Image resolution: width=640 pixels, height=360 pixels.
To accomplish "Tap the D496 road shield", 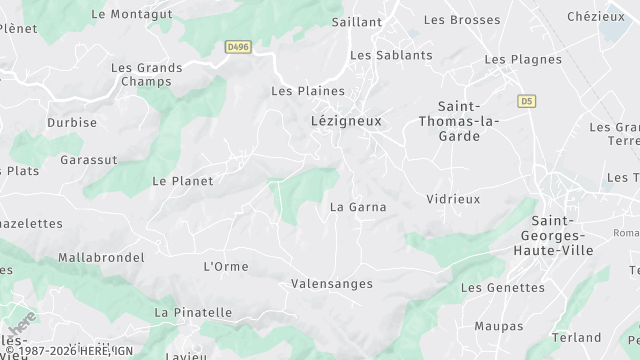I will (x=237, y=46).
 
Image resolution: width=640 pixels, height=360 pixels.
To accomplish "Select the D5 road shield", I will (x=526, y=101).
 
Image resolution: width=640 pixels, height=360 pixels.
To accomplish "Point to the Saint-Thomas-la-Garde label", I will (x=468, y=121).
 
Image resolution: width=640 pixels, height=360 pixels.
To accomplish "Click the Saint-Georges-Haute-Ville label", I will (x=562, y=235).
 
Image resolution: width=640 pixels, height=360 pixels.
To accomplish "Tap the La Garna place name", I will (x=358, y=208).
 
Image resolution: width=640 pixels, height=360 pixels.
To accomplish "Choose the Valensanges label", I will (x=331, y=284).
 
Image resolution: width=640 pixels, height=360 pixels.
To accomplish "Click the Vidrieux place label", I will (x=453, y=199).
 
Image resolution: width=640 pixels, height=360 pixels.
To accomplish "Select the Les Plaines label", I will (x=301, y=91).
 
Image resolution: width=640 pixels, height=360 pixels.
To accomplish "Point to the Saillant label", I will (x=357, y=21).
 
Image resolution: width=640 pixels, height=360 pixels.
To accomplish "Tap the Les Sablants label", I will (x=391, y=55).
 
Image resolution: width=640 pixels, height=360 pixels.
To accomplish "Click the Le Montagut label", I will (x=132, y=14).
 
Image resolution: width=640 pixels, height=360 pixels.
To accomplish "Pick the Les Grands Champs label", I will (x=146, y=75).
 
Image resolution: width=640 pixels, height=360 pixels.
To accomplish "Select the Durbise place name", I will (x=72, y=123).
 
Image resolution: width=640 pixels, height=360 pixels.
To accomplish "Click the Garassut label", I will (x=88, y=160).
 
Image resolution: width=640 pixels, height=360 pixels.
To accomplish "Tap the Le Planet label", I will (x=182, y=181).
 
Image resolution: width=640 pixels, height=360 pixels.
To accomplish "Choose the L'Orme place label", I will (x=225, y=266).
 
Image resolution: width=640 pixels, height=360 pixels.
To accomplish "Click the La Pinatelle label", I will (x=193, y=313).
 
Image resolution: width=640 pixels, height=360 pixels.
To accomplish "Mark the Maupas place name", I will (x=498, y=326).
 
